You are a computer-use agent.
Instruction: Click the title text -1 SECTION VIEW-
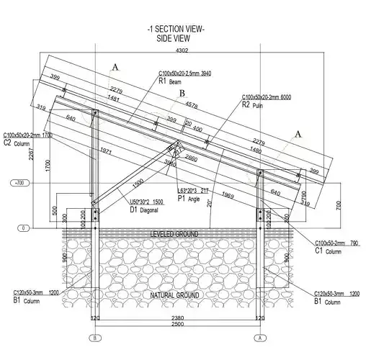(175, 29)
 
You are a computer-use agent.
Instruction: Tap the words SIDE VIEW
(174, 38)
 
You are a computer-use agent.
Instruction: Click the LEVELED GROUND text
(174, 235)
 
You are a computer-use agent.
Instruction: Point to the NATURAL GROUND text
(174, 296)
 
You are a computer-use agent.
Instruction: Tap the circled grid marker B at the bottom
(93, 338)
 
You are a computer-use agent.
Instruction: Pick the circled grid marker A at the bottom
(259, 338)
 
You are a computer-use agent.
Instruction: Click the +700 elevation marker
(19, 184)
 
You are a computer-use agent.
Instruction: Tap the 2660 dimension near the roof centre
(190, 158)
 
